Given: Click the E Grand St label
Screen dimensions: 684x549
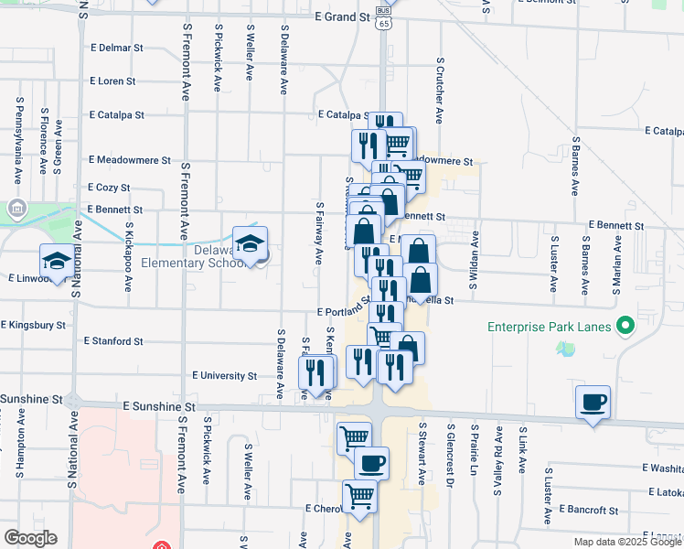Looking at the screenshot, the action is [341, 16].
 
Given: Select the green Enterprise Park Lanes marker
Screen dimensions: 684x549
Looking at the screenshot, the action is [626, 326].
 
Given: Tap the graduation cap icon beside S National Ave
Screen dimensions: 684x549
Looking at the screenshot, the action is [57, 261].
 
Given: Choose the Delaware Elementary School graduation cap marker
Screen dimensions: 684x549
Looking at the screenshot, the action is [250, 242].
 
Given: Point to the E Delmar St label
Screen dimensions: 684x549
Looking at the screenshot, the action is [117, 47].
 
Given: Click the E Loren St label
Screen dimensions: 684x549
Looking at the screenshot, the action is [112, 81].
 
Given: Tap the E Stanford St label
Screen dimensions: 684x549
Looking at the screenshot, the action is [112, 340].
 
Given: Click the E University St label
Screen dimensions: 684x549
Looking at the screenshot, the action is [224, 375].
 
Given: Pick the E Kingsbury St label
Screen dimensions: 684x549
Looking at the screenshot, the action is [34, 324].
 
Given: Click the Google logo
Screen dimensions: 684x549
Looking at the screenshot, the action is [30, 538].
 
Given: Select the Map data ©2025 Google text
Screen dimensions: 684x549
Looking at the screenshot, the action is [627, 542].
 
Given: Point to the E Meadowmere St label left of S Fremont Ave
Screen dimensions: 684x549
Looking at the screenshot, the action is [130, 159].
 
